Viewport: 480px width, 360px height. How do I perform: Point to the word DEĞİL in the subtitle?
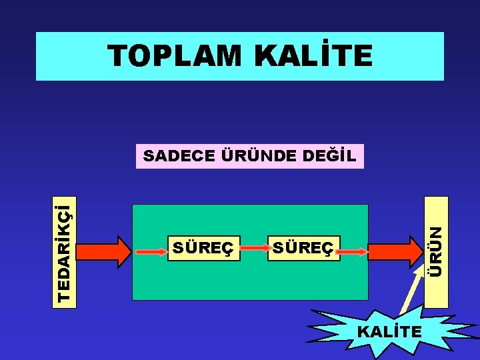pos(330,157)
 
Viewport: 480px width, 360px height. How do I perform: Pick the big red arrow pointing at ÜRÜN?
pos(394,252)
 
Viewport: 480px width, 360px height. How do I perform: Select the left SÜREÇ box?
pos(203,249)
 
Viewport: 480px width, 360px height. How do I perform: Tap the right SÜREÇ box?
pos(303,249)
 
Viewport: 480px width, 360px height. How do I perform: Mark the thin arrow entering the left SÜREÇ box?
pos(153,252)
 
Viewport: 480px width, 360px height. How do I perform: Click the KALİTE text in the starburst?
pos(389,331)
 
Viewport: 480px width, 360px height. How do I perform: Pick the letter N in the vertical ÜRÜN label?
pos(435,233)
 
